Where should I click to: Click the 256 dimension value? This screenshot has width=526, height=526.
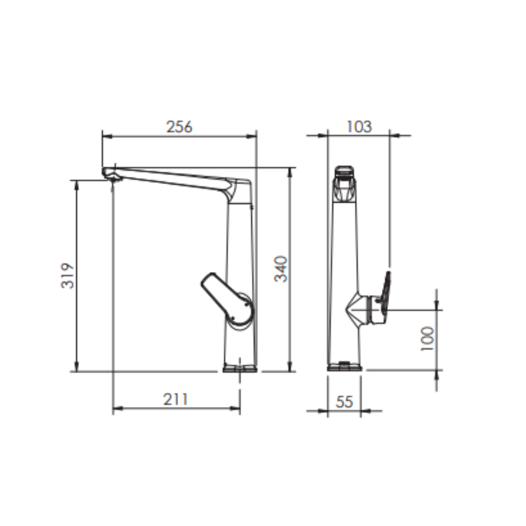point(179,127)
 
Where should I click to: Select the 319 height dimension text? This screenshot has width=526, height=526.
point(68,275)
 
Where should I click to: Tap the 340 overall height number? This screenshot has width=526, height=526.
point(281,268)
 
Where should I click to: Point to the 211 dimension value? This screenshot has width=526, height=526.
point(175,399)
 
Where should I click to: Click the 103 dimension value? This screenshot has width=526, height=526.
point(359,127)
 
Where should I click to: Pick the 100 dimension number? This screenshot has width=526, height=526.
point(428,339)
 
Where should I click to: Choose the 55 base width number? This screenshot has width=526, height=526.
point(344,402)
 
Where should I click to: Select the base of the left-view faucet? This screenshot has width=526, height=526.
point(240,368)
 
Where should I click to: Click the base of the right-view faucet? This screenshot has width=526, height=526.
point(345,367)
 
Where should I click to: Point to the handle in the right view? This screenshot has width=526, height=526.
point(386,295)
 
